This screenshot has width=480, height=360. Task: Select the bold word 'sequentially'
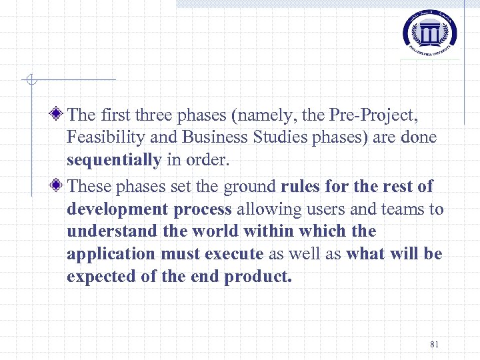pos(114,161)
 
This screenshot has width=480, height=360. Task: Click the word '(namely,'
pos(264,116)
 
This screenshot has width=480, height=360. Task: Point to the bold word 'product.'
pos(259,277)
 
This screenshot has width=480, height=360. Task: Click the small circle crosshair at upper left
pos(30,81)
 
